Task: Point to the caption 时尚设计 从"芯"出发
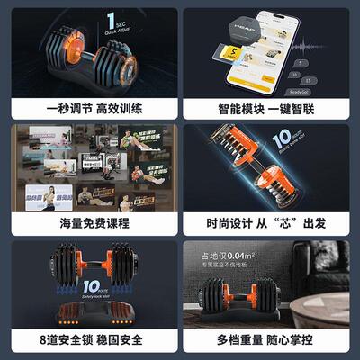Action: (269, 223)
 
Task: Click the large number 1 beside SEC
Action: (110, 19)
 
